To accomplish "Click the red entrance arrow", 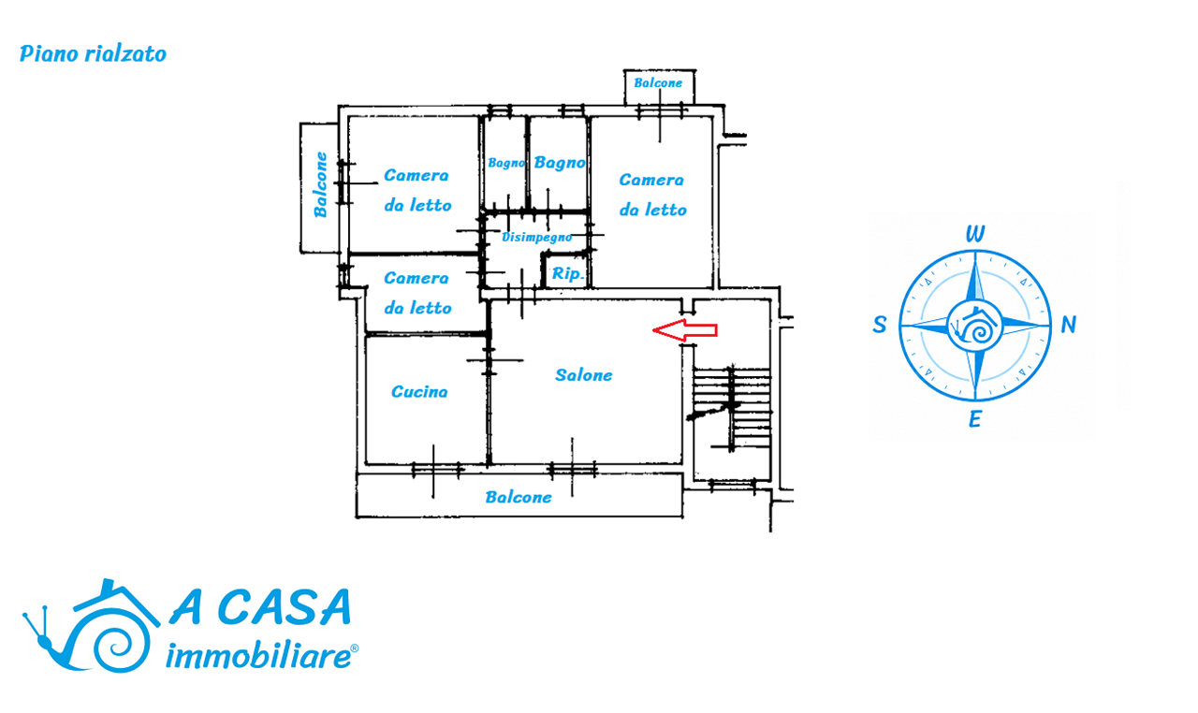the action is [x=684, y=330].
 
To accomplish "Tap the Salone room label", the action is [x=583, y=375].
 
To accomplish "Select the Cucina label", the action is [x=419, y=392].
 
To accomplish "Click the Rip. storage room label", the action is [x=568, y=273].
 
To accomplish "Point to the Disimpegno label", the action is [x=536, y=237].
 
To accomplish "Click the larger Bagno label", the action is [x=560, y=163].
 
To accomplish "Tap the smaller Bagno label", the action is [x=506, y=163].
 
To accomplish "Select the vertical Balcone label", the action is [x=320, y=185].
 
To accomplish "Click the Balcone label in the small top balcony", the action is [x=658, y=83].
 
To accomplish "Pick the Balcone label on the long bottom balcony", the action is [x=519, y=498].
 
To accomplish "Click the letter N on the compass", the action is [x=1068, y=325].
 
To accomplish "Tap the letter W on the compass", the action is [x=975, y=234].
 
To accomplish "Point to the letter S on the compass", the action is [x=880, y=325].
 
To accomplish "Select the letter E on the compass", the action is [x=974, y=419].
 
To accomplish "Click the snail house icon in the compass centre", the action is [x=974, y=326].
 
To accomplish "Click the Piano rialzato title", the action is [x=93, y=54].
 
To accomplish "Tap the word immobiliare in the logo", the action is [x=260, y=655].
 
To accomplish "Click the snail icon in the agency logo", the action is [x=91, y=626].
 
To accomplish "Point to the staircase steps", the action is [x=732, y=407].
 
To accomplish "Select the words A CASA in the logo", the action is [x=260, y=607].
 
